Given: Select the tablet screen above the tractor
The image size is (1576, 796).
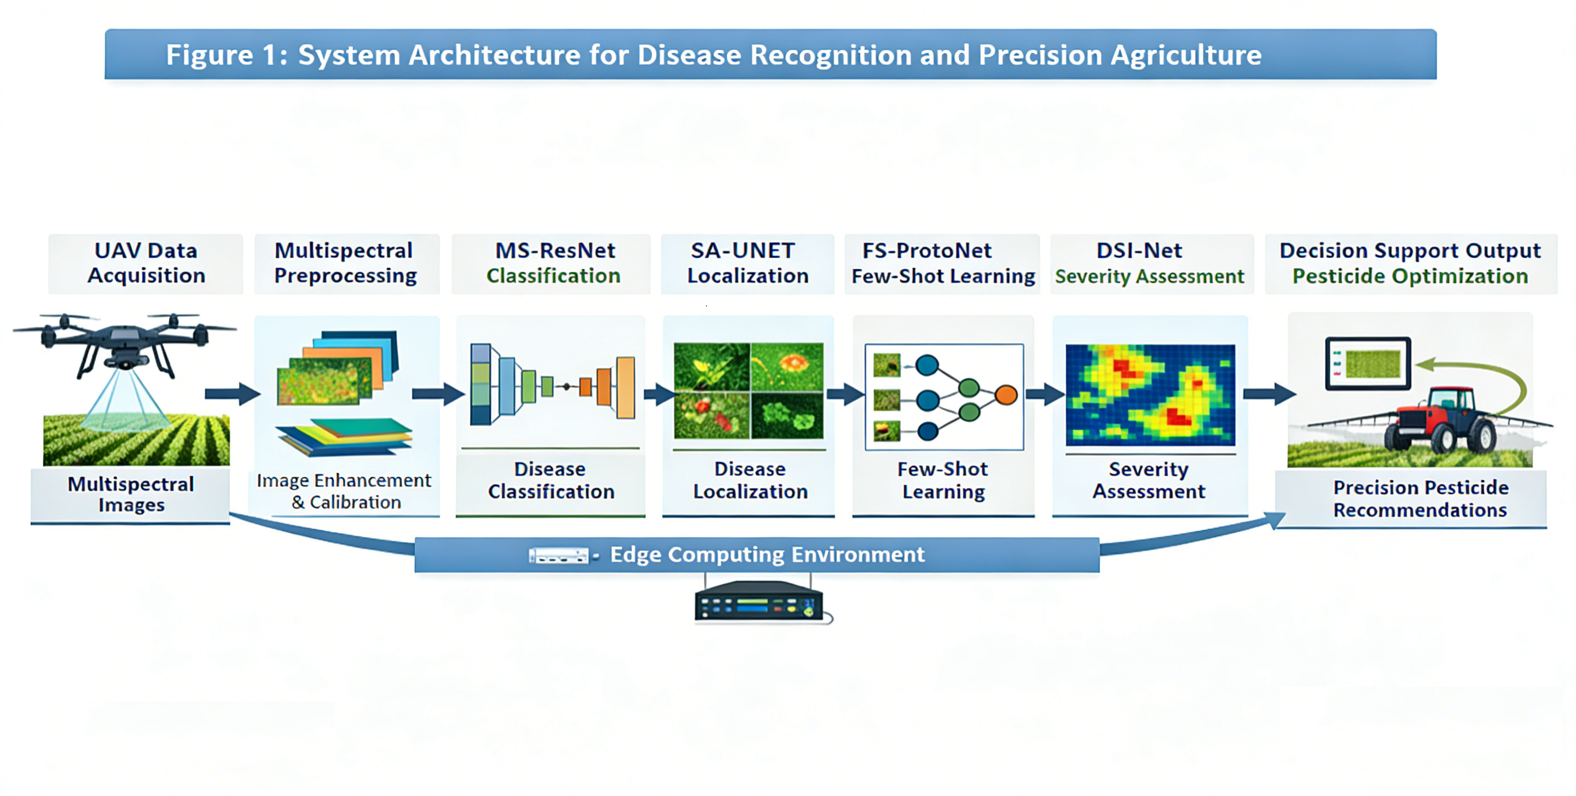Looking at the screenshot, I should click(1368, 363).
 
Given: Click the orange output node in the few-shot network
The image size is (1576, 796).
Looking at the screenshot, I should click(1006, 394).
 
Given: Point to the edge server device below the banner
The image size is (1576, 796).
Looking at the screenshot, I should click(758, 602).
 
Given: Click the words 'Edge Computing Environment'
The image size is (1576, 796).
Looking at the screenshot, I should click(767, 554).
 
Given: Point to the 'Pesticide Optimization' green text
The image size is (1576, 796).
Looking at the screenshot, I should click(1410, 276).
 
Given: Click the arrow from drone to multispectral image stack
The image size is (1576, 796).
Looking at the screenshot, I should click(231, 393).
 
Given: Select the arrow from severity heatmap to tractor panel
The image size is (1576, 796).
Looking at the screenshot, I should click(1269, 393).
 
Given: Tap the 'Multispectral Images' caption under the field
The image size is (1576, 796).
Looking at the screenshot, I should click(131, 495).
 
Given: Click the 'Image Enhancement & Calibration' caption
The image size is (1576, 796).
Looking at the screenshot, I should click(344, 491).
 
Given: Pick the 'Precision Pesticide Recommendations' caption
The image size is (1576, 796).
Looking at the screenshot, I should click(1421, 498).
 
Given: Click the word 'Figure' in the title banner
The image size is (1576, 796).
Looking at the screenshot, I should click(209, 55).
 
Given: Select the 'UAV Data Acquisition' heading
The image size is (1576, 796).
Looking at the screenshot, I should click(146, 263).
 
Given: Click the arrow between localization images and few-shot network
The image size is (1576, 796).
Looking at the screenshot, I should click(845, 394).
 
